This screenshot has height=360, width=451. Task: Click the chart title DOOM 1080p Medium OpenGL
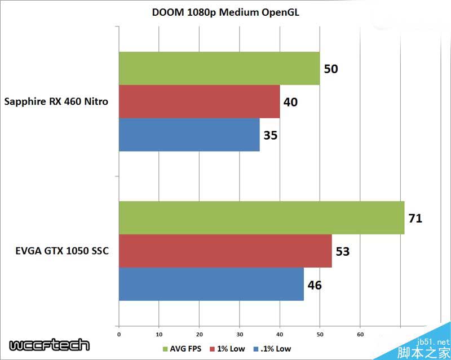click(225, 13)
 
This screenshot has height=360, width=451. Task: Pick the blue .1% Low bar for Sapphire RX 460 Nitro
click(189, 135)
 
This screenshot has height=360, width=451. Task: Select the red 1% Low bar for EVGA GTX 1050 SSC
click(225, 251)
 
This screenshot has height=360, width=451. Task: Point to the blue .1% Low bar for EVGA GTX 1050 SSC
click(211, 284)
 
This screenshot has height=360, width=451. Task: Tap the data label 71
click(415, 218)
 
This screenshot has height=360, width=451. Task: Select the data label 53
click(342, 251)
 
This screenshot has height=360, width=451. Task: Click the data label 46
click(315, 285)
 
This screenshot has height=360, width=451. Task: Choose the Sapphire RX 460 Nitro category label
click(56, 102)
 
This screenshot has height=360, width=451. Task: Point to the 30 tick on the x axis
click(240, 334)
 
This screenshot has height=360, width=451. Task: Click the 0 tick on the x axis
click(119, 334)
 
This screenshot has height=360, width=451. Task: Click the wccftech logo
click(49, 345)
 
